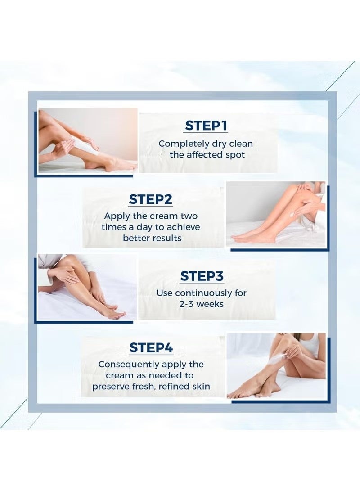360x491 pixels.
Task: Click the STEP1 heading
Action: coord(206,126)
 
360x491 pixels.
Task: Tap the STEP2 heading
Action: coord(150,199)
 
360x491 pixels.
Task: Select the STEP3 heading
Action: coord(202,276)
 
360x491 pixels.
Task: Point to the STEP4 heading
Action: coord(151,347)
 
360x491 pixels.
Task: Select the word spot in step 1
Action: coord(235,155)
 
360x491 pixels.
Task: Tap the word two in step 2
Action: coord(189,216)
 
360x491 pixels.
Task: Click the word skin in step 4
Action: coord(201,387)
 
